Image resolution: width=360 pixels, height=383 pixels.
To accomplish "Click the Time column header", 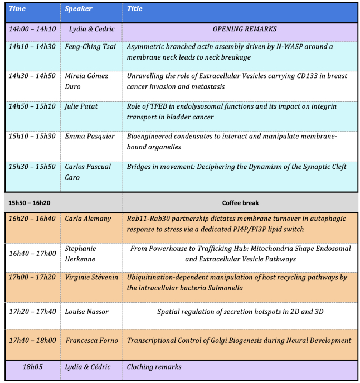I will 18,9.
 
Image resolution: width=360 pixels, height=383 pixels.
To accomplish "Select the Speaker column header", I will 78,9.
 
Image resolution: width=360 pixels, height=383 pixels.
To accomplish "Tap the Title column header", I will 135,9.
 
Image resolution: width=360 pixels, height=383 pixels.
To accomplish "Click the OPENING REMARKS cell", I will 245,29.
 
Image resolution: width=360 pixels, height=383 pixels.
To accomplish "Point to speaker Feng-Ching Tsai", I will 92,47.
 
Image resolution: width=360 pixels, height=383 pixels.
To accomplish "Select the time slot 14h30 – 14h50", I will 32,76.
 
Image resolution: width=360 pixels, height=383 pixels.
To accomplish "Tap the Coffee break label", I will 240,203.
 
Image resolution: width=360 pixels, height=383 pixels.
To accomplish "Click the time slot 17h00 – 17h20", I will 32,278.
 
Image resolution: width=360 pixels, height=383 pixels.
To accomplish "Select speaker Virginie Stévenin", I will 91,278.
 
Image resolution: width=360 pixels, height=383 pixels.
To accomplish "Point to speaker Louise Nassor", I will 87,312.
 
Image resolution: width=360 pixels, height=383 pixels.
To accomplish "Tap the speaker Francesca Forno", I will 92,340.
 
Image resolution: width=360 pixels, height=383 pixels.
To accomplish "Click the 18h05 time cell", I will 32,367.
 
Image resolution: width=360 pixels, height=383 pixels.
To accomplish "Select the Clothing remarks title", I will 154,367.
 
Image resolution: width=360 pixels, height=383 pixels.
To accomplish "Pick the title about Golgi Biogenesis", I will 239,340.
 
